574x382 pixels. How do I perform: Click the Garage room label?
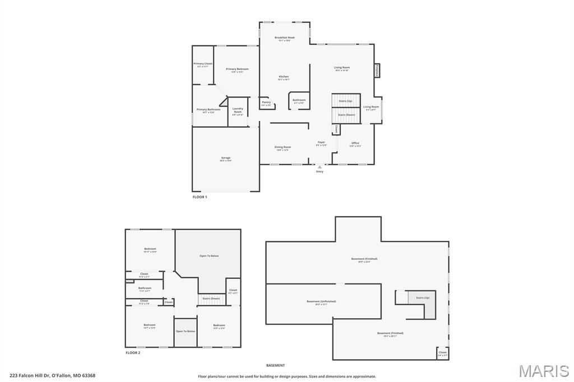(225, 159)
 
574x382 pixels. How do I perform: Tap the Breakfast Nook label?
(284, 39)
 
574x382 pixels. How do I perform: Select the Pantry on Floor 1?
(266, 103)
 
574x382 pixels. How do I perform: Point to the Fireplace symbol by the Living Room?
(377, 70)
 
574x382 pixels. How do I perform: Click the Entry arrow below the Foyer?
(320, 167)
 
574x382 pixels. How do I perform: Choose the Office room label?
(355, 144)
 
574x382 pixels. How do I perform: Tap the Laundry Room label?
(238, 110)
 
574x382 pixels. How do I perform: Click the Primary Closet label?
(203, 65)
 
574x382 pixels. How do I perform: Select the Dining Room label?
(283, 148)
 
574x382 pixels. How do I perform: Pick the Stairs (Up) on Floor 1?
(345, 101)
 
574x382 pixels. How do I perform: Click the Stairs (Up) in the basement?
(422, 298)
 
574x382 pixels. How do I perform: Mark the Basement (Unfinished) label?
(321, 302)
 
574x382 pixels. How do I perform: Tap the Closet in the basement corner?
(442, 353)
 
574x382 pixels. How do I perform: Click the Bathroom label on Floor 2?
(145, 289)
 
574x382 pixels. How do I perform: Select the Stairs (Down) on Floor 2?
(211, 299)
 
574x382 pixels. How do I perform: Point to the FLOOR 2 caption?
(133, 353)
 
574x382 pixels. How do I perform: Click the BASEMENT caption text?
(275, 365)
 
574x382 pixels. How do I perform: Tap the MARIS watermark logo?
(543, 371)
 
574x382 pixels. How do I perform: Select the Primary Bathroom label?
(208, 110)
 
